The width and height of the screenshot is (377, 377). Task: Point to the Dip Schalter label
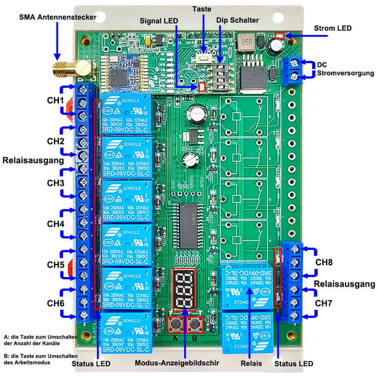point(237,21)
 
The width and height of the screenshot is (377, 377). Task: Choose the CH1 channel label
point(53,101)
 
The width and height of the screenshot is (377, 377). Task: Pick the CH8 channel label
point(324,262)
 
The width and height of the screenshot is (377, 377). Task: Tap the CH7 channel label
point(324,303)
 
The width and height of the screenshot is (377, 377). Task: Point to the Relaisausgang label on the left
point(34,161)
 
